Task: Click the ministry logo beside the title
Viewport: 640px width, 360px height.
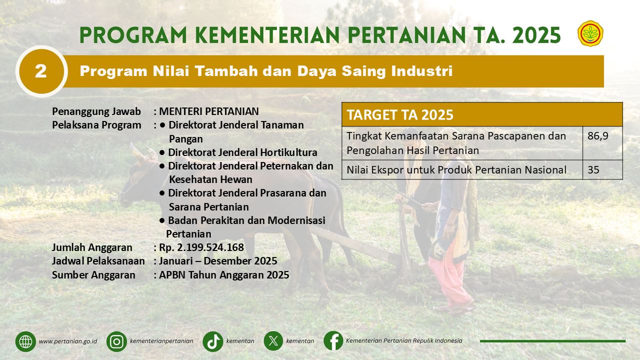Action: point(590,33)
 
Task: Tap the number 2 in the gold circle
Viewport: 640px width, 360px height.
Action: point(41,71)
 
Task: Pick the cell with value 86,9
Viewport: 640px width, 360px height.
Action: point(602,143)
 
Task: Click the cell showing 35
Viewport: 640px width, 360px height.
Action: point(602,169)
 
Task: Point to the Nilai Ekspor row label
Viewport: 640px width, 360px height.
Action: point(456,170)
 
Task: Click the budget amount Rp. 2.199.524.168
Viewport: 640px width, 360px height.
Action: point(201,247)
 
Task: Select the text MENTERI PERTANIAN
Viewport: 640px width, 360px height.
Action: point(209,111)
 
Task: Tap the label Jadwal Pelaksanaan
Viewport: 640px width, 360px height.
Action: point(98,261)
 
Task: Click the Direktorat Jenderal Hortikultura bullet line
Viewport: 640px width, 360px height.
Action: point(238,152)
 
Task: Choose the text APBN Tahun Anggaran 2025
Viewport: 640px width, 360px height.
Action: point(224,275)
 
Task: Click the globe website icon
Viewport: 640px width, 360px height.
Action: point(25,341)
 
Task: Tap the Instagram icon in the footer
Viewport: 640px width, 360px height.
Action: point(116,341)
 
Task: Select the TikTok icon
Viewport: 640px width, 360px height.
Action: point(213,341)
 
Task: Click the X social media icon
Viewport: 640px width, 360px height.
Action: point(273,341)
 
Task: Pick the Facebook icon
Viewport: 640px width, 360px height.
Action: point(333,340)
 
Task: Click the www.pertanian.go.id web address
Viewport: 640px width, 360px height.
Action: point(68,341)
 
